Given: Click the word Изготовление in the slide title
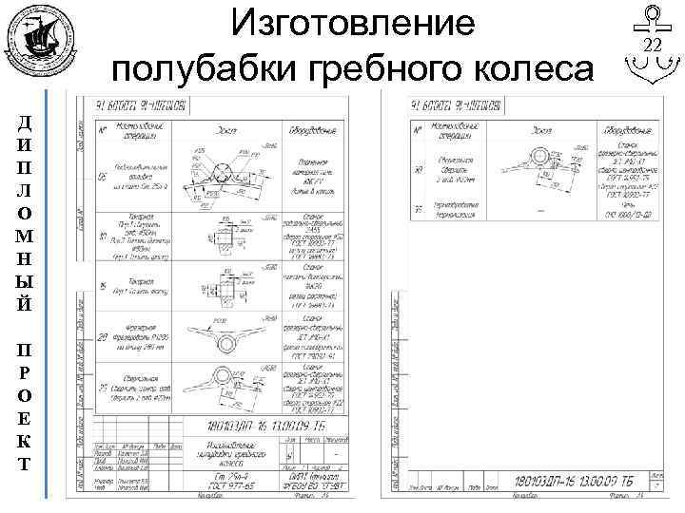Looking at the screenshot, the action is click(x=354, y=25).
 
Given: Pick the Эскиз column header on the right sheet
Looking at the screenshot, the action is click(x=542, y=129).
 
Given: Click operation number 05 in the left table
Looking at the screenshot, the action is click(x=104, y=177).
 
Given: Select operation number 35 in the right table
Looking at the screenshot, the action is click(x=419, y=207).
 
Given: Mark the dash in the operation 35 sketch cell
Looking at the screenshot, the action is click(x=542, y=207).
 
